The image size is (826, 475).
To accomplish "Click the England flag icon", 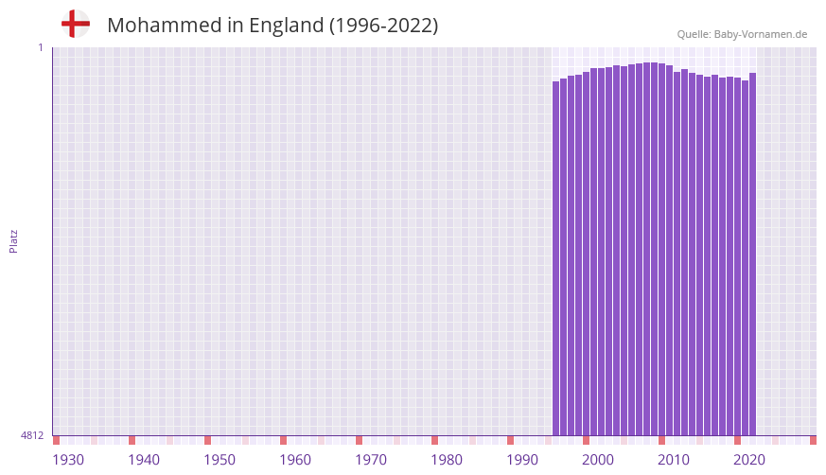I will coord(75,24).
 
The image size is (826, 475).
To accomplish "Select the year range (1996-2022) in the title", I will coord(383,26).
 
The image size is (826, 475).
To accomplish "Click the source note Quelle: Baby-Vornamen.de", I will coord(742,34).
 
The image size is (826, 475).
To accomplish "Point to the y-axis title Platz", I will coord(13,240).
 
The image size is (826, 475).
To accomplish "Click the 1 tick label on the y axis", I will coord(40,47).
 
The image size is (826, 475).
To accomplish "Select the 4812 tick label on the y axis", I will coord(31,435).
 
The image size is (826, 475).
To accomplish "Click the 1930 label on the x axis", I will coord(68,460).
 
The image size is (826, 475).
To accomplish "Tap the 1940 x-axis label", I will coord(144,460).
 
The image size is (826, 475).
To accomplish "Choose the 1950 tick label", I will coord(220,460).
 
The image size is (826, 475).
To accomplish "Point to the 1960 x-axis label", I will coord(295,460).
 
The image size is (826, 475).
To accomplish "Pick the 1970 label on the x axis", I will coord(371,460).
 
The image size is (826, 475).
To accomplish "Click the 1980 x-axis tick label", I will coord(447,460).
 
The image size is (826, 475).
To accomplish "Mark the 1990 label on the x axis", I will coord(522,460).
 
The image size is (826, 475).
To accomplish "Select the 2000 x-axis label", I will coord(598,460).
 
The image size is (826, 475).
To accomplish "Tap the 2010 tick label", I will coord(674,460).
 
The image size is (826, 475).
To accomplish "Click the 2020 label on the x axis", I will coord(749,460).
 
